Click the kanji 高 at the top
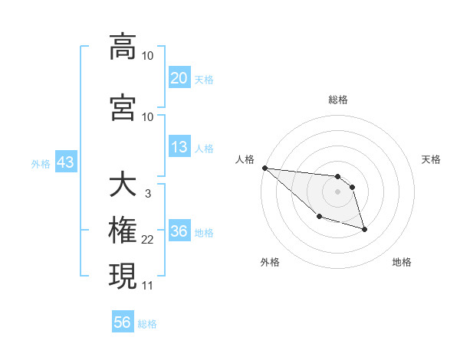tap(123, 47)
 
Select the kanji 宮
tap(123, 106)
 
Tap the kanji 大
tap(123, 185)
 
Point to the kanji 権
tap(123, 231)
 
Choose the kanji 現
tap(123, 275)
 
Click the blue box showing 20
tap(179, 78)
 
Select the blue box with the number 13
tap(179, 147)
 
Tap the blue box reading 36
tap(179, 232)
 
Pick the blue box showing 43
tap(64, 163)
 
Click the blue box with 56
tap(123, 322)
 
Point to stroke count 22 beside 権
tap(147, 241)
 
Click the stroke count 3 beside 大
tap(147, 195)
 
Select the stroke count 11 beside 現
tap(147, 285)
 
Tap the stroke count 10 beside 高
tap(147, 56)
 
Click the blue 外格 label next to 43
tap(41, 164)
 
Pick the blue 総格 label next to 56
tap(147, 324)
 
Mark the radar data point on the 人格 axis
tap(264, 168)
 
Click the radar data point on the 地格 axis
tap(364, 229)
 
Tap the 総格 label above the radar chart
tap(337, 100)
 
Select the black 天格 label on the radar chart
tap(431, 159)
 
